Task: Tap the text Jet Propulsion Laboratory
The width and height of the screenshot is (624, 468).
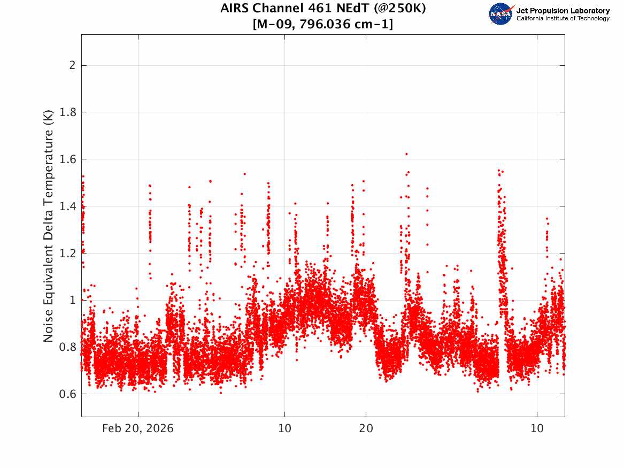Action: click(x=563, y=11)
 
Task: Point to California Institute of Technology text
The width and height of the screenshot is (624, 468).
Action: click(x=563, y=19)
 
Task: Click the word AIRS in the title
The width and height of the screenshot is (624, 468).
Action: click(x=235, y=9)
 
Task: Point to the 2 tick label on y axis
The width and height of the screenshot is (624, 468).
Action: click(x=69, y=65)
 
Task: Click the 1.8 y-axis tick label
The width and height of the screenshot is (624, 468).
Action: click(x=65, y=112)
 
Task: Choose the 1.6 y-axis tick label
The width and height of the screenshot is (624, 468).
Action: click(x=65, y=159)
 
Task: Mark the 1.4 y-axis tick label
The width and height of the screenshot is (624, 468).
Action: click(x=65, y=206)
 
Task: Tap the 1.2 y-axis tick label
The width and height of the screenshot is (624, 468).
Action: click(x=65, y=253)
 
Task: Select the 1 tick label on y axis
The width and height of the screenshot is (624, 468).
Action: click(x=70, y=300)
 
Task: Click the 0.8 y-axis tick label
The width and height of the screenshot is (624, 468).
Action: click(x=65, y=347)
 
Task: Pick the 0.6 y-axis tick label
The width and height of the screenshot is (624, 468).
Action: click(x=65, y=394)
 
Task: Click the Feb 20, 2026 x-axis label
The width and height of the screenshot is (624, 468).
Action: click(x=138, y=429)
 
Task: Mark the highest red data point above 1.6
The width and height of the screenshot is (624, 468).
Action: click(x=406, y=154)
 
